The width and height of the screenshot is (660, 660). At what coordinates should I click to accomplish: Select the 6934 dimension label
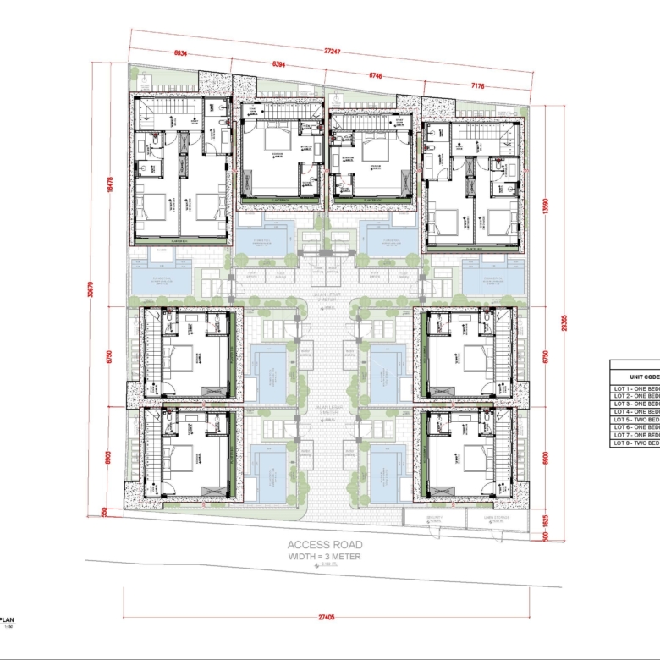pos(180,53)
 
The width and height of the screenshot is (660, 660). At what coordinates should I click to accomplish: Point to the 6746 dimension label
pos(375,75)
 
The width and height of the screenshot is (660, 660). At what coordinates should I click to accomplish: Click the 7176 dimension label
pos(478,86)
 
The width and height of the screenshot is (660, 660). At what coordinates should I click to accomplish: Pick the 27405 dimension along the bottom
pos(326,618)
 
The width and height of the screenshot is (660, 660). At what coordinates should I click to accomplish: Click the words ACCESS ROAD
pos(325,545)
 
